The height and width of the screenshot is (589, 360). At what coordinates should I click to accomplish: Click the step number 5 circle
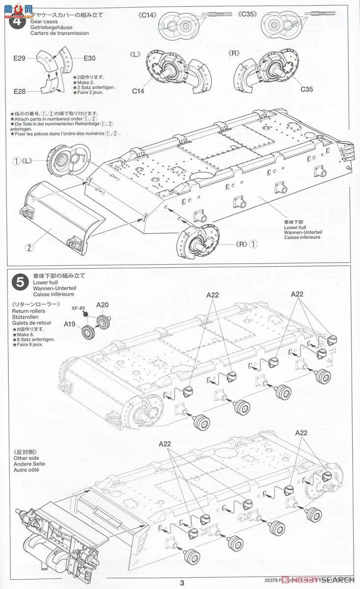[19, 282]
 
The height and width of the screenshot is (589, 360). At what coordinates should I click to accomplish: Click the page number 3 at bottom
[182, 583]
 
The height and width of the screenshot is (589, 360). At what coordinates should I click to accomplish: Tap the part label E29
[19, 58]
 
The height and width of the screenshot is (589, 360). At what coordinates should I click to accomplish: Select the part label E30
[89, 58]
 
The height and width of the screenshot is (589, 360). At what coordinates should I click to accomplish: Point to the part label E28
[19, 91]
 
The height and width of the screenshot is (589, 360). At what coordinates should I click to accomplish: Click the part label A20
[102, 304]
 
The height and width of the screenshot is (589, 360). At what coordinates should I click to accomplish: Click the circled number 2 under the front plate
[29, 247]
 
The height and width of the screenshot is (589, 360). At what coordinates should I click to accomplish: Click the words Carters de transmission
[59, 33]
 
